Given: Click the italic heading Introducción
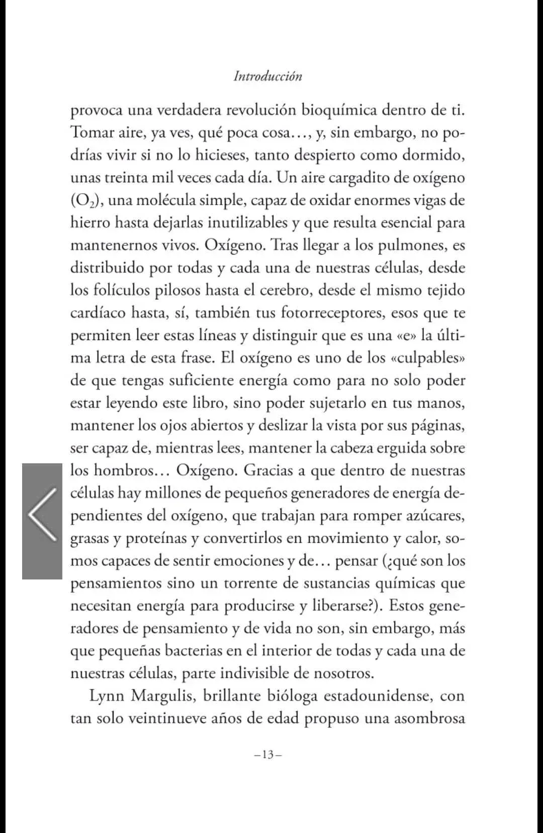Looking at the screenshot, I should (268, 76).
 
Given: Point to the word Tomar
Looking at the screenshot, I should (90, 132).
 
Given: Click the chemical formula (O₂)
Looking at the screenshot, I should (87, 200).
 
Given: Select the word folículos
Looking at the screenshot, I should (121, 290).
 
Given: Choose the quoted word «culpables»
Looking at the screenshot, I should (427, 358).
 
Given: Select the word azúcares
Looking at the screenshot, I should (434, 516).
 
